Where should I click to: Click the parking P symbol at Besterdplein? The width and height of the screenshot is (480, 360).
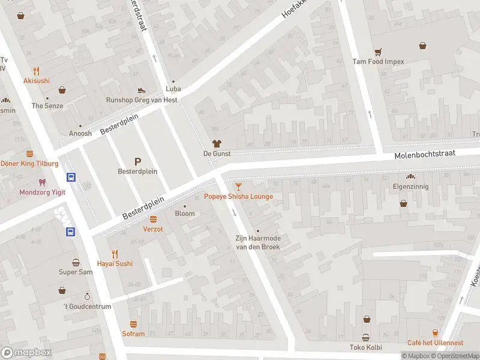[x=137, y=161]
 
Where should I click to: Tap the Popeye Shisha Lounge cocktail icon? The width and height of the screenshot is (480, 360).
[x=238, y=187]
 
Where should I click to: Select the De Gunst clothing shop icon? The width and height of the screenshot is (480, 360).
[x=217, y=143]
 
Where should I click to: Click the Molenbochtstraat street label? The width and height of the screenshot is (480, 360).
[x=425, y=155]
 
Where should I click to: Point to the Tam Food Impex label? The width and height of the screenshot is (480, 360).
[x=378, y=61]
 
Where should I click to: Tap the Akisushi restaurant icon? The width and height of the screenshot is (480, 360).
[x=36, y=70]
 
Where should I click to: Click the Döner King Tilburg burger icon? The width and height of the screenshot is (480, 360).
[x=29, y=154]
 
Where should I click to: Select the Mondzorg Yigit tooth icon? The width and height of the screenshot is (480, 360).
[x=41, y=182]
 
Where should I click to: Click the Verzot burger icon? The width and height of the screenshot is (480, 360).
[x=153, y=219]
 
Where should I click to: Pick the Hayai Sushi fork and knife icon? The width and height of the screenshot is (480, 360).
[x=115, y=253]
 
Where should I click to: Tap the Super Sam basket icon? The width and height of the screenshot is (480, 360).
[x=76, y=262]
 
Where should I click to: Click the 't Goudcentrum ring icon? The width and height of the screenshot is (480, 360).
[x=87, y=296]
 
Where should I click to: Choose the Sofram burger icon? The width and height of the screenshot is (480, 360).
[x=133, y=324]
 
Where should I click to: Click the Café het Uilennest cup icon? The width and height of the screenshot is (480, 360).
[x=435, y=333]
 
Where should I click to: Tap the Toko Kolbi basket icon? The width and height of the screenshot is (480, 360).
[x=365, y=337]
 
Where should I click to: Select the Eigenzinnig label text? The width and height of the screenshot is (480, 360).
[x=411, y=187]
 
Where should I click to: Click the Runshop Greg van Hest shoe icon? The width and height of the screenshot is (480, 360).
[x=142, y=90]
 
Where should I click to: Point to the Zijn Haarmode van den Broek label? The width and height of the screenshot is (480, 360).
[x=257, y=242]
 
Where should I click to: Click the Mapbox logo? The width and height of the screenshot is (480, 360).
[x=26, y=353]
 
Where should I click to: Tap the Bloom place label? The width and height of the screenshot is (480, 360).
[x=184, y=214]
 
